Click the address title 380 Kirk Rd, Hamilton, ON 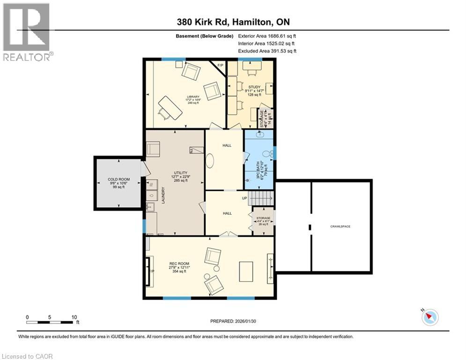[237, 22]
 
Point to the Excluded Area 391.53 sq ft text [267, 51]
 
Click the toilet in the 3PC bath [266, 153]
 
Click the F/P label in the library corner [220, 65]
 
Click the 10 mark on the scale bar [74, 317]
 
